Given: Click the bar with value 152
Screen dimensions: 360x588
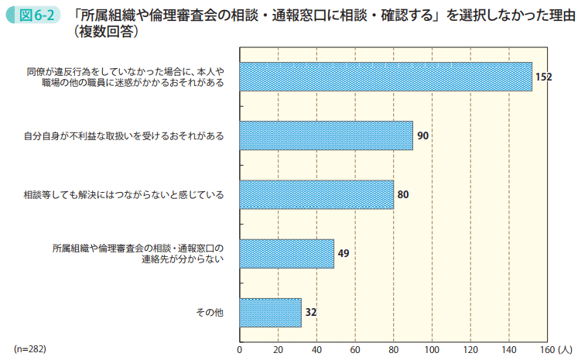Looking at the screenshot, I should point(386,77).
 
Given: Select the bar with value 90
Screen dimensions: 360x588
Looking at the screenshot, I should point(326,135).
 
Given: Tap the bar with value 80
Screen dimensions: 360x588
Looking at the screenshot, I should point(316,194).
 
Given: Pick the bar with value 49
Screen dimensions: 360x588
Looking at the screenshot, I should point(287,253).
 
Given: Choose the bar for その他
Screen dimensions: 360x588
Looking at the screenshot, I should point(271,312).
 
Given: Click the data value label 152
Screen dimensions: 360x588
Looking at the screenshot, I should point(543,77).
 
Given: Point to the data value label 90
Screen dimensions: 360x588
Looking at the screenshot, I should point(422,135).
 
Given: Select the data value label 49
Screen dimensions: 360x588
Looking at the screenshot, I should point(344,253).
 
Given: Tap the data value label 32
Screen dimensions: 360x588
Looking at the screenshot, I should point(311,312).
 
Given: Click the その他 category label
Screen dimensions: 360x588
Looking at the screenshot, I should point(210,312).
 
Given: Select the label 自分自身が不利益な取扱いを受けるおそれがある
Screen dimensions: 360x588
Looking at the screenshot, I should point(124,135).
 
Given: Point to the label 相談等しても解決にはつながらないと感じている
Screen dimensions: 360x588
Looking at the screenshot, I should point(124,194).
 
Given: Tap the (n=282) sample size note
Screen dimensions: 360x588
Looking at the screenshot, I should point(30,349).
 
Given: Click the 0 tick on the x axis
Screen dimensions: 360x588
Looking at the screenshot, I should point(240,349).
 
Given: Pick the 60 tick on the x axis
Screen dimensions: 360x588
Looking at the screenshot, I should point(355,349).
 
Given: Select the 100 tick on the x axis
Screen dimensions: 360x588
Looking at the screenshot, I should point(432,349).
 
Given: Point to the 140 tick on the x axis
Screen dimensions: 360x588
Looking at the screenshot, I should point(509,349).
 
